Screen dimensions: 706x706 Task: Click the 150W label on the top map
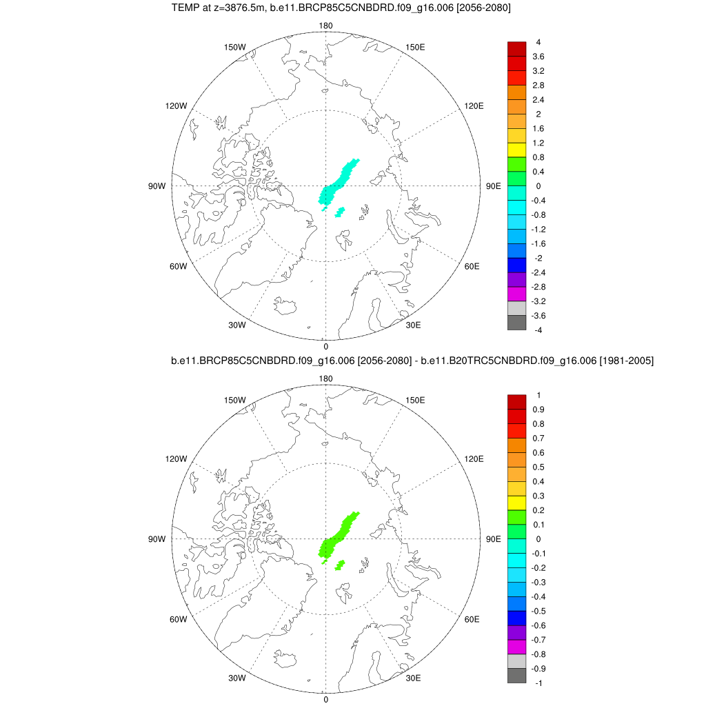pyautogui.click(x=235, y=47)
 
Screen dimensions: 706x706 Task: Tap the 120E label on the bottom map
pyautogui.click(x=474, y=458)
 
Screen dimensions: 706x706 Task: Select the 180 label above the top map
pyautogui.click(x=325, y=26)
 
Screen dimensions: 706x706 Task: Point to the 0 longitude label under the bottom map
pyautogui.click(x=325, y=699)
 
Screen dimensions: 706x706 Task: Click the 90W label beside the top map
pyautogui.click(x=157, y=186)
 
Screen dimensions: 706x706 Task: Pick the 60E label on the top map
pyautogui.click(x=472, y=266)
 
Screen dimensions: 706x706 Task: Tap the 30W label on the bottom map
pyautogui.click(x=237, y=678)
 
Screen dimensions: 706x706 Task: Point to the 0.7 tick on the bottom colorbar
pyautogui.click(x=538, y=438)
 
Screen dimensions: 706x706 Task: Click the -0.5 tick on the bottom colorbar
pyautogui.click(x=538, y=610)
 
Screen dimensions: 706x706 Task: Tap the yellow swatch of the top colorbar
pyautogui.click(x=516, y=150)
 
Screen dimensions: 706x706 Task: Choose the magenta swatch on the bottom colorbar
pyautogui.click(x=516, y=646)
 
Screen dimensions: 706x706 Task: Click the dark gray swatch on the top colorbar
pyautogui.click(x=516, y=323)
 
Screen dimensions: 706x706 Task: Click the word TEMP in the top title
pyautogui.click(x=184, y=8)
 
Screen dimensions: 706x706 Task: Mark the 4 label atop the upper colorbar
pyautogui.click(x=538, y=42)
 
